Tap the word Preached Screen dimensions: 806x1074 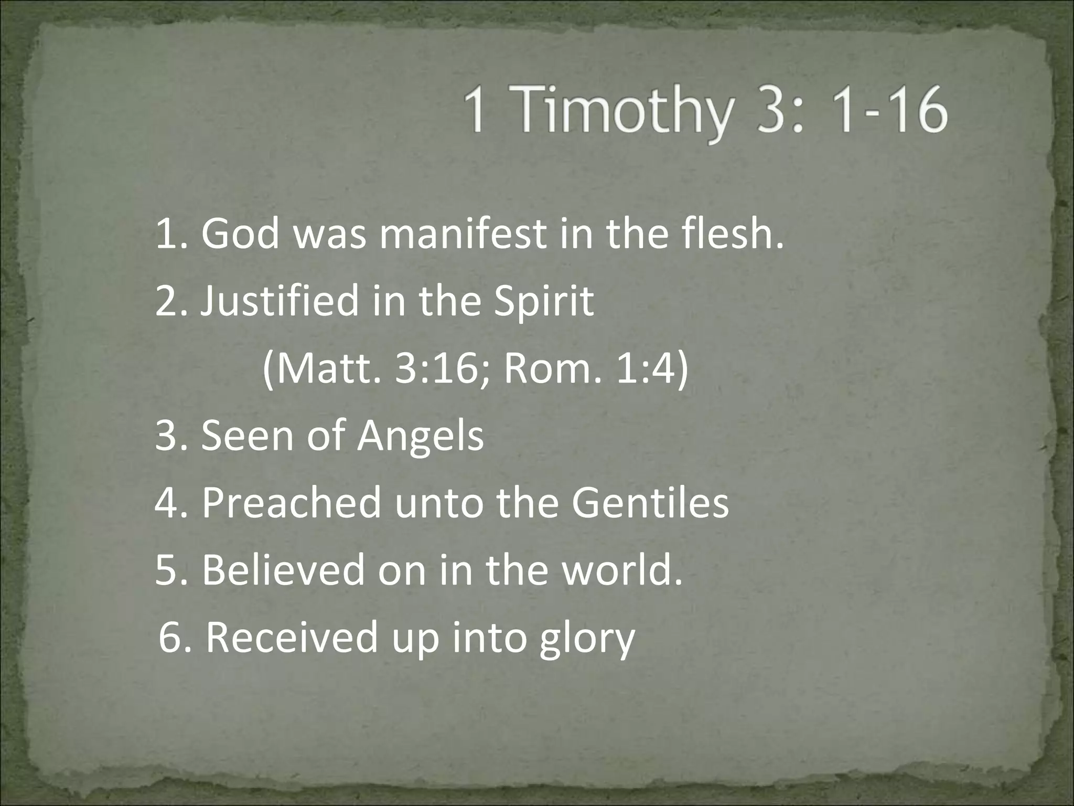click(x=292, y=503)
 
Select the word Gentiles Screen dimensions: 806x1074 click(x=650, y=503)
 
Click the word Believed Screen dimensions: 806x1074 click(x=283, y=570)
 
